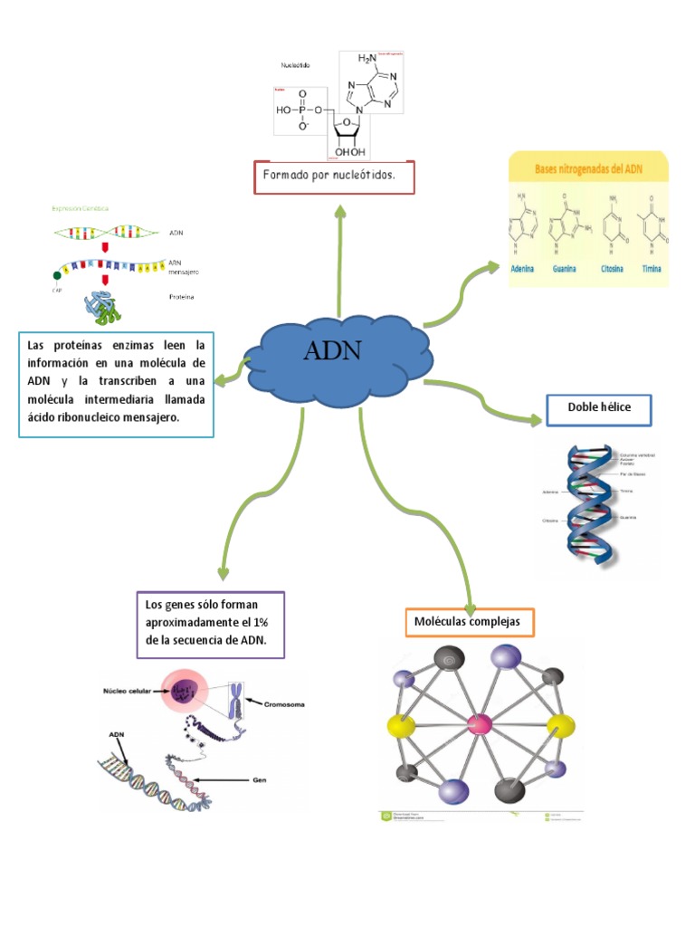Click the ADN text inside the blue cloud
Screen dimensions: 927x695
coord(332,350)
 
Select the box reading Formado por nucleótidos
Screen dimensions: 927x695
coord(334,177)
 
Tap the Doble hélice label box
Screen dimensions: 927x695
coord(598,408)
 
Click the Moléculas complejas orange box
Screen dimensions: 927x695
coord(469,623)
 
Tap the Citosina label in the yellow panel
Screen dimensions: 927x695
coord(613,269)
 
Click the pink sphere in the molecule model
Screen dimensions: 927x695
coord(479,723)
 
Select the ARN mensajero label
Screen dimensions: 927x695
coord(185,266)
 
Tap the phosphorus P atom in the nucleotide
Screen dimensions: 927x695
coord(301,111)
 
